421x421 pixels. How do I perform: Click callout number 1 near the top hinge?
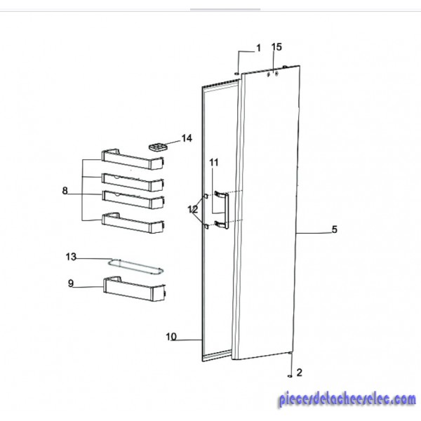(258, 48)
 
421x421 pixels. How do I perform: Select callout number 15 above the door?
(276, 47)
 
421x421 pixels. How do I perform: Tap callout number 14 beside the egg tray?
(187, 138)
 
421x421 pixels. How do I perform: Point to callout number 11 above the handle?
(214, 163)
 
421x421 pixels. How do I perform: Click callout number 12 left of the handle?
(192, 209)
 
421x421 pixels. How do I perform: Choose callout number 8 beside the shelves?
(65, 191)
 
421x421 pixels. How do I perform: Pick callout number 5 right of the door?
(334, 229)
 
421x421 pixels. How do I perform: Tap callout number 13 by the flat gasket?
(71, 257)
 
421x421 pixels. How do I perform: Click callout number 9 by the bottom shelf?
(71, 283)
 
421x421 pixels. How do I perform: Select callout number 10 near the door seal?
(171, 337)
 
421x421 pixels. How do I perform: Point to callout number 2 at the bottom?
(299, 373)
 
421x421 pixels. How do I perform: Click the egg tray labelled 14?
(158, 147)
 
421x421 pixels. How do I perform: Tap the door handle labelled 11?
(222, 210)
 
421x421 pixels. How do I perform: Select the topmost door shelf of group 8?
(133, 159)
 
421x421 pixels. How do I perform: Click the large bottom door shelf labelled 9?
(134, 289)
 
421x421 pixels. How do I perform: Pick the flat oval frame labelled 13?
(135, 267)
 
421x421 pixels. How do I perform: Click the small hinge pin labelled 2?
(290, 376)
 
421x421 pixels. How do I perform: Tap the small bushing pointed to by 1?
(236, 73)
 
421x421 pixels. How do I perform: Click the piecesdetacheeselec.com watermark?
(347, 399)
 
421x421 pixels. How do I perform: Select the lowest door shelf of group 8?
(133, 223)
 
